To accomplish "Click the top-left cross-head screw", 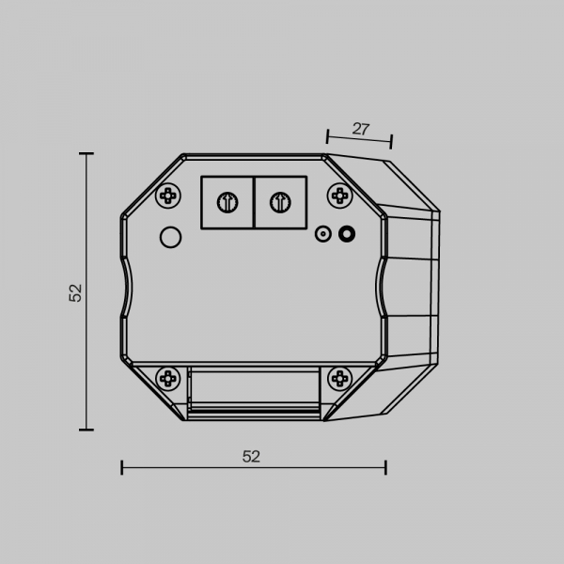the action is [168, 196].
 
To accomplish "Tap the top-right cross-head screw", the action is [340, 196].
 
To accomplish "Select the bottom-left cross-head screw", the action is [168, 379].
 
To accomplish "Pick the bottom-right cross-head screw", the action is [340, 379].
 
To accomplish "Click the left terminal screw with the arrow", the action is [227, 202].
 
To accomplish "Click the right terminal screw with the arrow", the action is [280, 202].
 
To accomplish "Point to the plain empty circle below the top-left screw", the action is [170, 237].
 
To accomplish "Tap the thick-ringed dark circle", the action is [347, 234].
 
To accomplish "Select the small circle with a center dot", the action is [323, 234].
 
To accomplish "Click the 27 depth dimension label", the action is [361, 129].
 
